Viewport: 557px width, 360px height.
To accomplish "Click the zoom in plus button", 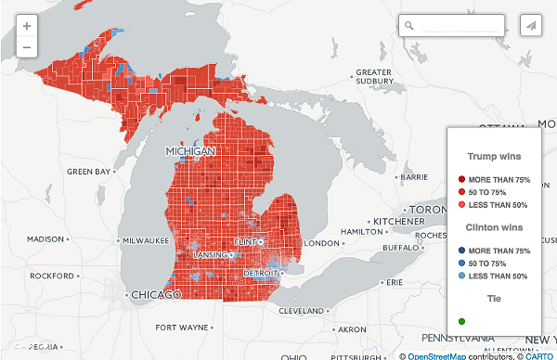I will (x=26, y=27).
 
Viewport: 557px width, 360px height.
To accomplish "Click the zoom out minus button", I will (x=26, y=47).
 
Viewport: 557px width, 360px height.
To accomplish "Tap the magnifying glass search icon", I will (x=409, y=26).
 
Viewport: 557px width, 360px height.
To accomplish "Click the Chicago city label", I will (x=157, y=294).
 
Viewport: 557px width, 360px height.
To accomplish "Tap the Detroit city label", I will (x=260, y=273).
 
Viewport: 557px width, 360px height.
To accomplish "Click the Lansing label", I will (x=210, y=254).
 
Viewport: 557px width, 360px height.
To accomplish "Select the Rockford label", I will (x=50, y=276).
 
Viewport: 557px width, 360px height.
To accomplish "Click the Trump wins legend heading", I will (x=492, y=156).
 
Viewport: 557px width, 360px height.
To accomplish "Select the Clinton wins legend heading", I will (x=492, y=227).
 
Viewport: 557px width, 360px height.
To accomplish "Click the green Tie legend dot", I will (x=461, y=321).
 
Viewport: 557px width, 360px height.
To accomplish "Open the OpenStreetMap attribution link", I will (x=442, y=354).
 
